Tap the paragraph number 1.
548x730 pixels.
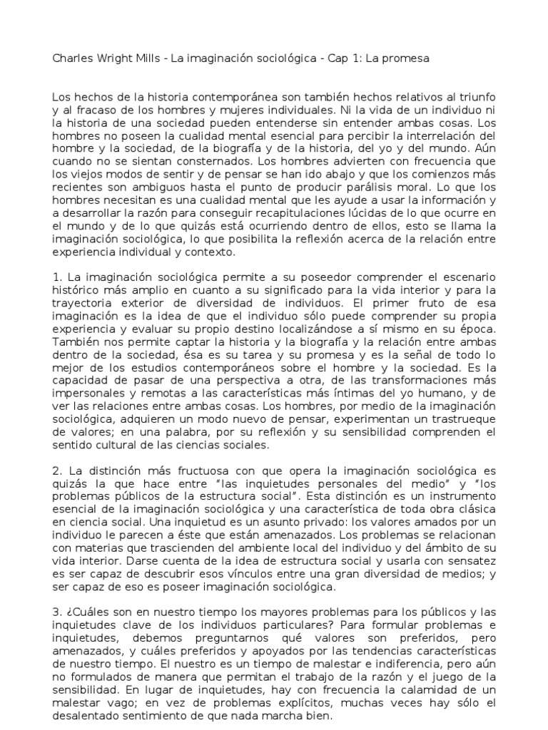coord(57,276)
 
